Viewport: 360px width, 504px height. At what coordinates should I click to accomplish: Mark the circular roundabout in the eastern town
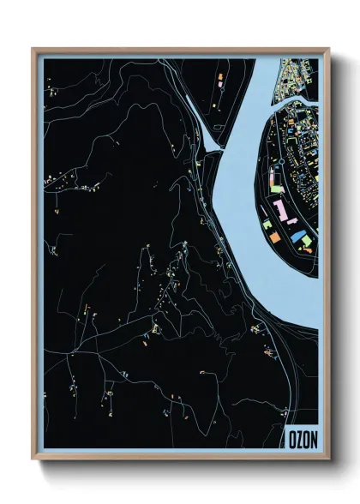pos(280,160)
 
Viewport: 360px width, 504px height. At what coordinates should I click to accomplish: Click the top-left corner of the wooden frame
pos(33,49)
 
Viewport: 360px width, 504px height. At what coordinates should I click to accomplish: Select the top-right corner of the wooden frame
pos(329,49)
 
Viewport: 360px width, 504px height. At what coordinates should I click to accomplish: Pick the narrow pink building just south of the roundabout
pos(276,182)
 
